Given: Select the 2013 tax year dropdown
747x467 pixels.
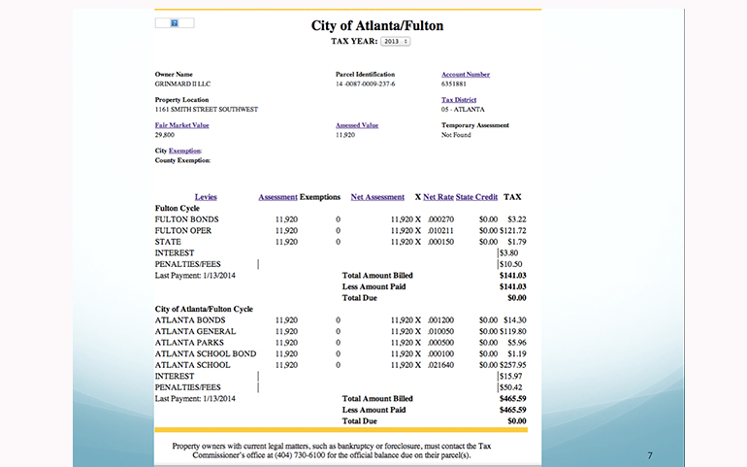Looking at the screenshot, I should [395, 42].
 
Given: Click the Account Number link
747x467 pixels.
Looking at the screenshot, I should [466, 75].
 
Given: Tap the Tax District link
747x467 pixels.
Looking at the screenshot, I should [460, 100].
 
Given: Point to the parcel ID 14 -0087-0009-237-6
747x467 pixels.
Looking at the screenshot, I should [365, 83].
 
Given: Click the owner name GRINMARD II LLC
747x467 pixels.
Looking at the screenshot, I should [182, 83].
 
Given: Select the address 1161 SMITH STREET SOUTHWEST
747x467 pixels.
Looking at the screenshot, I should [207, 109].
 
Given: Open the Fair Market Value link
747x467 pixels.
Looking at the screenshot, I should [181, 125].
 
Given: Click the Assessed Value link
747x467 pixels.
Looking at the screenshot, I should [356, 125].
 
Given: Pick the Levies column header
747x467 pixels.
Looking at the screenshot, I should [206, 197].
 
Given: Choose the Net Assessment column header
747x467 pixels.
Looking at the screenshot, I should [377, 197].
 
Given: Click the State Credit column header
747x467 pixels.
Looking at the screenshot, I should [476, 197].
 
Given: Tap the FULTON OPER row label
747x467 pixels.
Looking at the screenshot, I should [183, 230].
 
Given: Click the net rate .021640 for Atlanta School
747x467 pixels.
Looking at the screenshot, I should [440, 365].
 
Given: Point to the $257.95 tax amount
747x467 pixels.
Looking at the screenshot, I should [511, 365].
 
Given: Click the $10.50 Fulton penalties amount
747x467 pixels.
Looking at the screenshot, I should [510, 264].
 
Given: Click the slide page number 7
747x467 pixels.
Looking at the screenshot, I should [649, 453].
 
